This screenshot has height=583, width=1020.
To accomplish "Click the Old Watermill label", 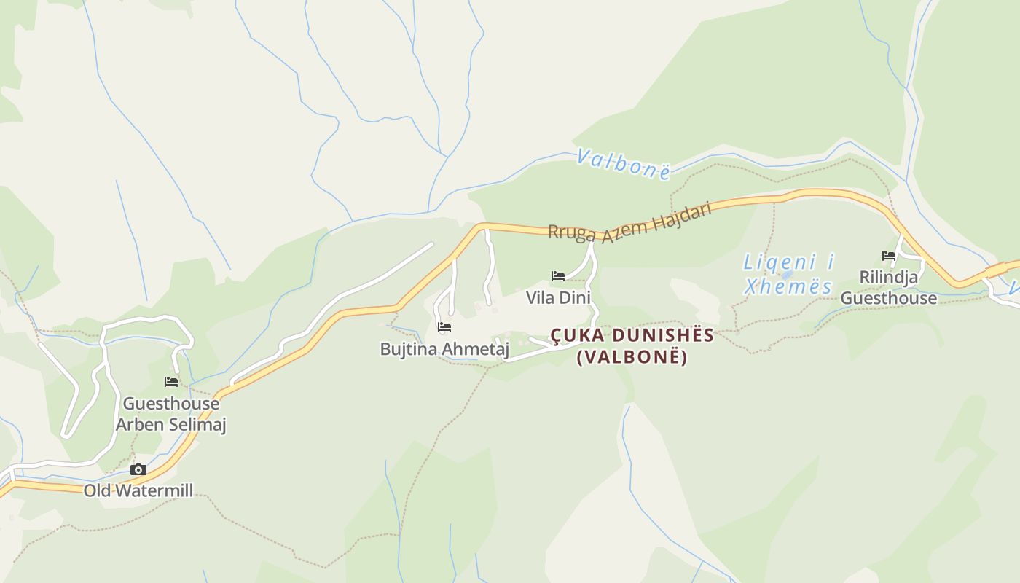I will click(138, 490).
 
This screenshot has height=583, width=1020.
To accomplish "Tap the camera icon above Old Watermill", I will click(138, 470).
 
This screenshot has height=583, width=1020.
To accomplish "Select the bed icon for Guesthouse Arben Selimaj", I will click(171, 381).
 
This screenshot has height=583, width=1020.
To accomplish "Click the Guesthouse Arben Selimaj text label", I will click(170, 414).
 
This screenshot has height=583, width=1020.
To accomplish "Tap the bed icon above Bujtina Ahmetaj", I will click(444, 327).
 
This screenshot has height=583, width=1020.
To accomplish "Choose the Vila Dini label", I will click(558, 297).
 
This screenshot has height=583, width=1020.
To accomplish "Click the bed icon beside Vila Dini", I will click(558, 275).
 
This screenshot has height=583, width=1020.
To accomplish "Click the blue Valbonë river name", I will click(624, 164).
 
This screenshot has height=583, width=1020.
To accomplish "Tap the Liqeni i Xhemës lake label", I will click(788, 274).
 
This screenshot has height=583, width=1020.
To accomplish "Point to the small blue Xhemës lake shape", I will click(787, 275).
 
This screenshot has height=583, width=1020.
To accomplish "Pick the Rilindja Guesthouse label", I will click(889, 288).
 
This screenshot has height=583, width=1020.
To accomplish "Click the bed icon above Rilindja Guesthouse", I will click(889, 255).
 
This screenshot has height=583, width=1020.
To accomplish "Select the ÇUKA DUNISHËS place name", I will click(632, 335).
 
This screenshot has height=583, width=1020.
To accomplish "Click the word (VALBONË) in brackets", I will click(632, 358).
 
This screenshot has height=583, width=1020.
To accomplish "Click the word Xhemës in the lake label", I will click(788, 286).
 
